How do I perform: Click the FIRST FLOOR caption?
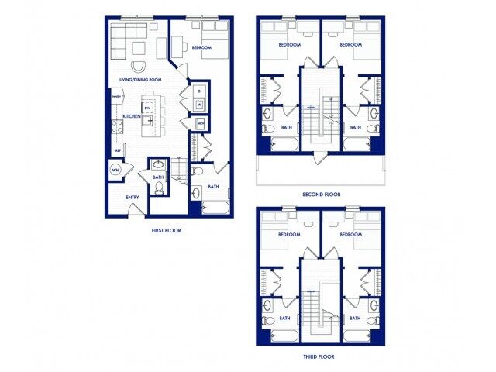pyautogui.click(x=167, y=230)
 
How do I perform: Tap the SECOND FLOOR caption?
pyautogui.click(x=322, y=195)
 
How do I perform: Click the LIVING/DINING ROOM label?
pyautogui.click(x=139, y=80)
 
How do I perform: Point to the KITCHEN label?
pyautogui.click(x=131, y=116)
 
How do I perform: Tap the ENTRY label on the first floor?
pyautogui.click(x=133, y=197)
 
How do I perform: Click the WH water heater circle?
pyautogui.click(x=115, y=170)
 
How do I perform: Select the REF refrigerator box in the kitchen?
pyautogui.click(x=118, y=150)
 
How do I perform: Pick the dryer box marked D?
pyautogui.click(x=199, y=90)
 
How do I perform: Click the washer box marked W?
pyautogui.click(x=199, y=104)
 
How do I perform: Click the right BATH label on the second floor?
pyautogui.click(x=355, y=127)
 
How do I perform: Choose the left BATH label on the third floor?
pyautogui.click(x=284, y=318)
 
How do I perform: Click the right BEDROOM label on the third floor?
pyautogui.click(x=350, y=234)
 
